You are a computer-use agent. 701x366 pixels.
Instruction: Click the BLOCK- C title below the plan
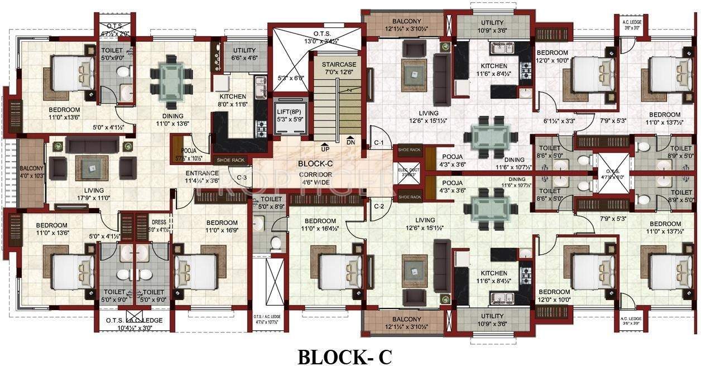(x=344, y=357)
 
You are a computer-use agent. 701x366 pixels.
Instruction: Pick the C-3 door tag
(x=242, y=178)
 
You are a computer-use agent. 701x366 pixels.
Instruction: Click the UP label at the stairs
(x=324, y=150)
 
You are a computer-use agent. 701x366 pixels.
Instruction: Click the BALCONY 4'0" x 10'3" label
(x=32, y=171)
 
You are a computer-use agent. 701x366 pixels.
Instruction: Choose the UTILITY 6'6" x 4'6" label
(x=244, y=54)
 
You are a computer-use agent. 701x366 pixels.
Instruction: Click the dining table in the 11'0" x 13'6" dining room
(x=168, y=78)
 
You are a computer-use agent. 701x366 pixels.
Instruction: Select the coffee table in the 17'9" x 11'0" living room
(x=92, y=166)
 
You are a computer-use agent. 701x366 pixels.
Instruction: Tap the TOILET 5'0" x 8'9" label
(x=271, y=203)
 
